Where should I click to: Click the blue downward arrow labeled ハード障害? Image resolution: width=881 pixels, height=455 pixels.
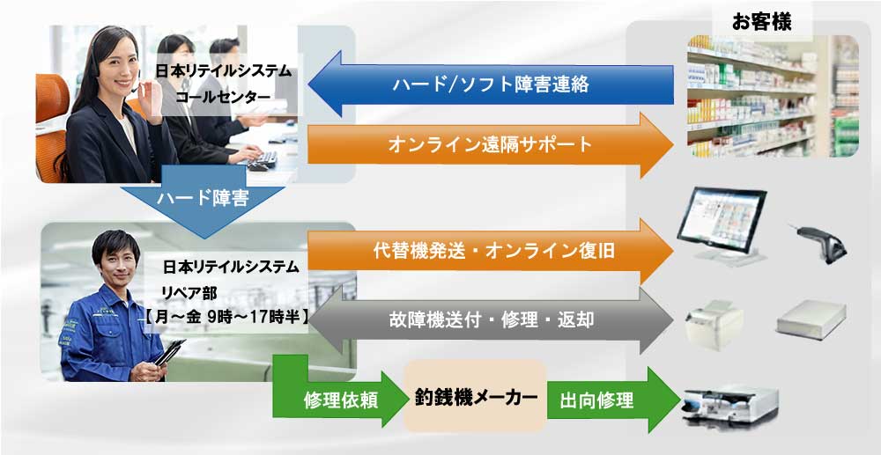[x=202, y=203]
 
